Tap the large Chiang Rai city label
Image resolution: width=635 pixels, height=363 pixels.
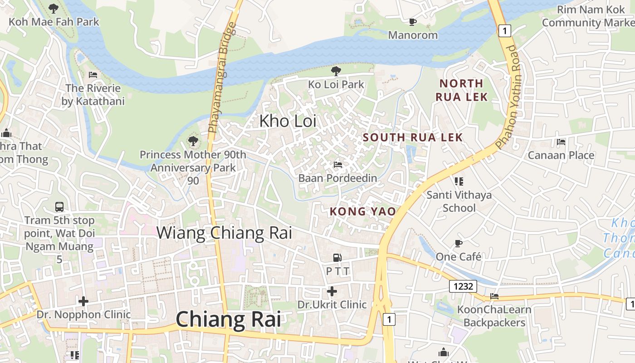click(x=228, y=319)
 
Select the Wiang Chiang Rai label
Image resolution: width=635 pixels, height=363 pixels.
click(x=224, y=233)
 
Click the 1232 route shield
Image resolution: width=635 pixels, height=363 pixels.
click(x=463, y=286)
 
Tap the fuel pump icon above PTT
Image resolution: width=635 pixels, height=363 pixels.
click(x=337, y=258)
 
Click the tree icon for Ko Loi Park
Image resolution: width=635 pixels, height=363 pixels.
click(x=336, y=71)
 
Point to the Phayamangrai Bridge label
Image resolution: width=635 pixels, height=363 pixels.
click(x=222, y=81)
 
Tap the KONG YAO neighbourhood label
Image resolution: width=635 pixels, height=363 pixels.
click(x=362, y=211)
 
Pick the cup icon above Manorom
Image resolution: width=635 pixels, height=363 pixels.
click(x=412, y=22)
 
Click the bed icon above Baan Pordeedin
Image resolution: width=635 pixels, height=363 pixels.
click(x=337, y=164)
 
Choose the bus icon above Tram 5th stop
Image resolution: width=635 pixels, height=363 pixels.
click(x=59, y=207)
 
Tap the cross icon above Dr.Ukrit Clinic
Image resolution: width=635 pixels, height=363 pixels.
click(x=332, y=291)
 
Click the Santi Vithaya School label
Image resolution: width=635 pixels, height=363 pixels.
click(x=459, y=201)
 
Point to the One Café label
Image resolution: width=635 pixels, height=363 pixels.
click(x=458, y=257)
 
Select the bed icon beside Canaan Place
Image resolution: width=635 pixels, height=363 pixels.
click(x=561, y=142)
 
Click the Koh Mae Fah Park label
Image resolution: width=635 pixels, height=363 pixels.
click(x=54, y=22)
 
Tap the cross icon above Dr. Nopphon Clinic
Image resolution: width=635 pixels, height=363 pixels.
click(x=83, y=301)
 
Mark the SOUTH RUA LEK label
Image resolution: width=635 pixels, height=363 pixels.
click(x=413, y=137)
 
